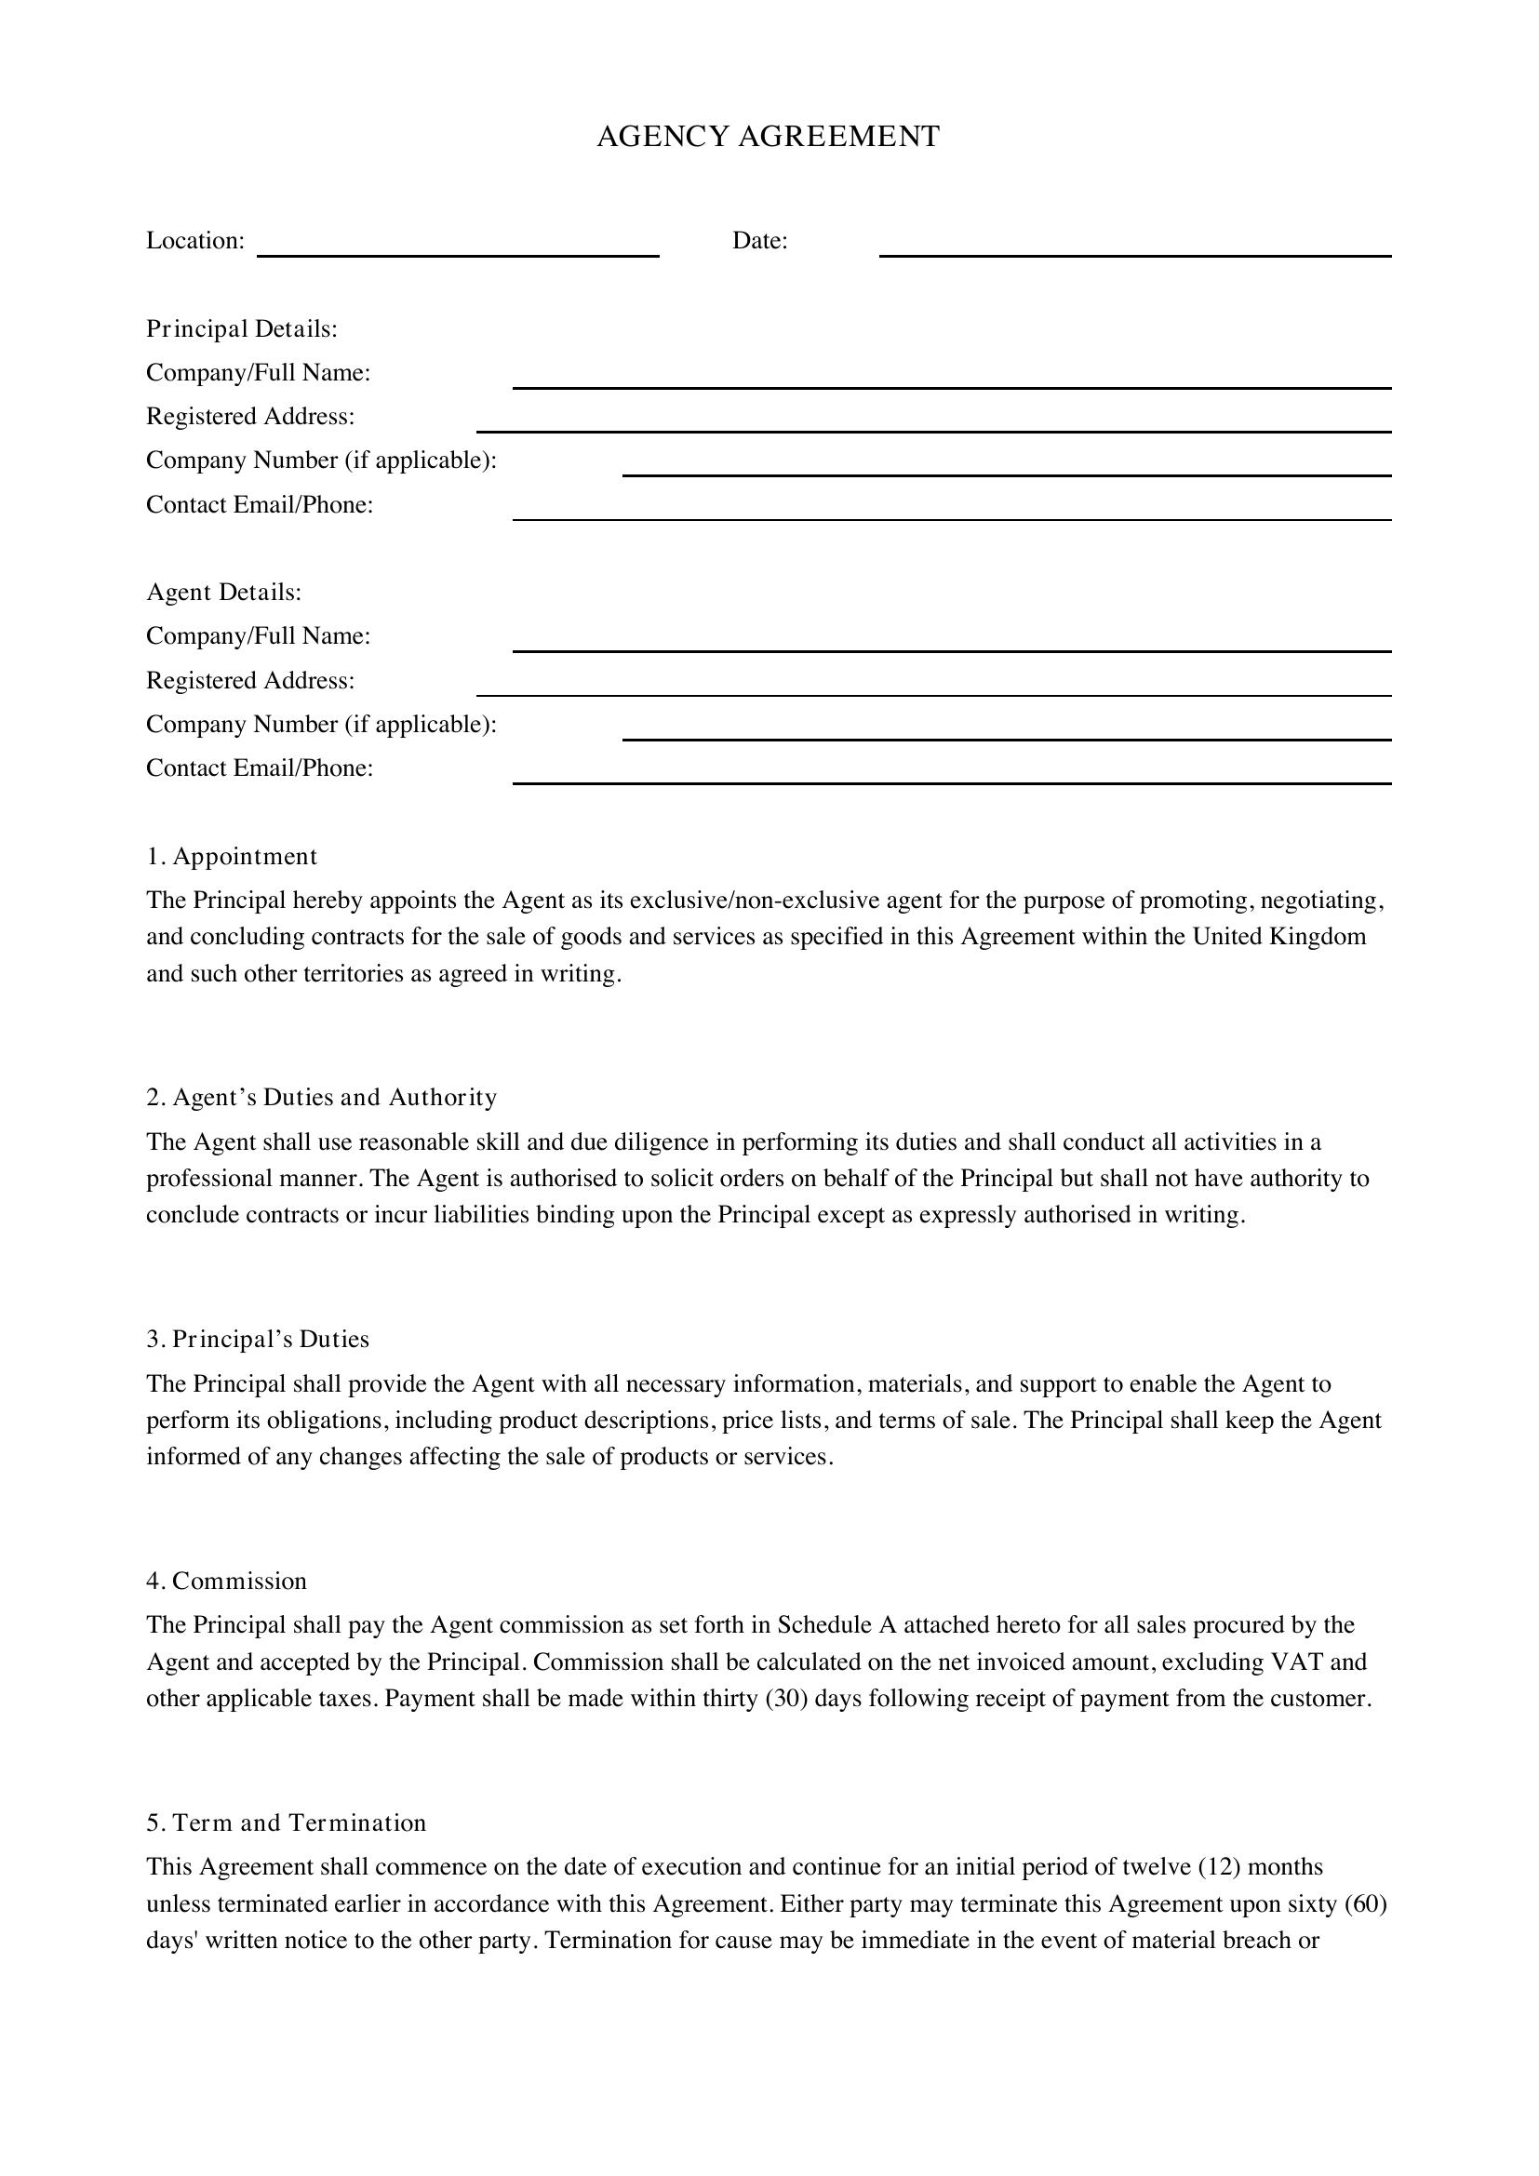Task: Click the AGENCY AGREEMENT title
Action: (x=768, y=137)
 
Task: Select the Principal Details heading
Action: (x=242, y=328)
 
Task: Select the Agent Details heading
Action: (x=223, y=593)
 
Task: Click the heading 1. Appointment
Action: (x=232, y=857)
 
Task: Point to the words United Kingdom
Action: (x=1278, y=938)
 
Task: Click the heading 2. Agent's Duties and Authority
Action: (x=321, y=1098)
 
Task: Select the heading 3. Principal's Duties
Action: (x=258, y=1339)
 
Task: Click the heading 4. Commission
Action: (x=226, y=1581)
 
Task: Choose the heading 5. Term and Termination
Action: (x=287, y=1822)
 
